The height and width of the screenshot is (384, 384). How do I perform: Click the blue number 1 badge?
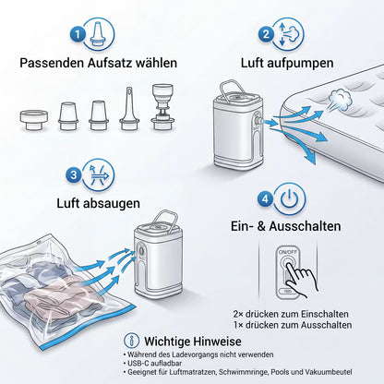(78, 34)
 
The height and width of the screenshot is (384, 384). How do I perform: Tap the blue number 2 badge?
(267, 33)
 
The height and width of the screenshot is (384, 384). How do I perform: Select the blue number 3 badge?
(74, 175)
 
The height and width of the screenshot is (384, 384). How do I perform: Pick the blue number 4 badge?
(265, 198)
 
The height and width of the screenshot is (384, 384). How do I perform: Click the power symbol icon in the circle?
(289, 198)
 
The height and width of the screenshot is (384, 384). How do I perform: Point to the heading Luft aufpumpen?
(287, 63)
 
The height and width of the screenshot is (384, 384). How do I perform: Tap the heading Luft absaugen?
(99, 203)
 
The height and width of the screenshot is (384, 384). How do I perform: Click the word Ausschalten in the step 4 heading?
(305, 226)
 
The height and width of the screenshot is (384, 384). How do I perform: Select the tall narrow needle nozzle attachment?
(129, 108)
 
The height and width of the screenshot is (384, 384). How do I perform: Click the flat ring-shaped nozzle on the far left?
(34, 120)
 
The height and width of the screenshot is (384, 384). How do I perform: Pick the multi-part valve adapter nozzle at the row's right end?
(162, 107)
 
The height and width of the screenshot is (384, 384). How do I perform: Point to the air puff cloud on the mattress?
(340, 99)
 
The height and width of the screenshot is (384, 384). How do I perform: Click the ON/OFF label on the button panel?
(288, 252)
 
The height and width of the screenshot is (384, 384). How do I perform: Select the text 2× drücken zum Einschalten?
(291, 314)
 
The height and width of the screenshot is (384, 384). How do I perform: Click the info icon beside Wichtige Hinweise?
(132, 341)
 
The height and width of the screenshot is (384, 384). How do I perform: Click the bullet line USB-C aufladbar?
(152, 364)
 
